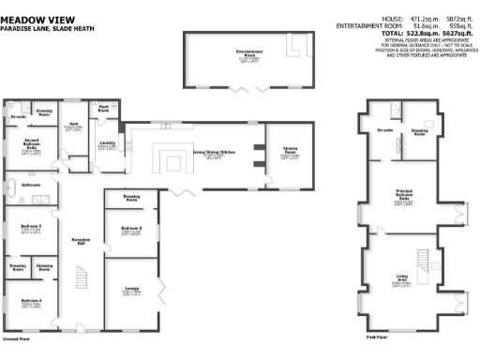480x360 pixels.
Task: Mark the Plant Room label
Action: click(104, 109)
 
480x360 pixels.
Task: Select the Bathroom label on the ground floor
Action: click(29, 186)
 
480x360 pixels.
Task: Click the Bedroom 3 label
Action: click(130, 229)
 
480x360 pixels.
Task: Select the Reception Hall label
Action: click(80, 241)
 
